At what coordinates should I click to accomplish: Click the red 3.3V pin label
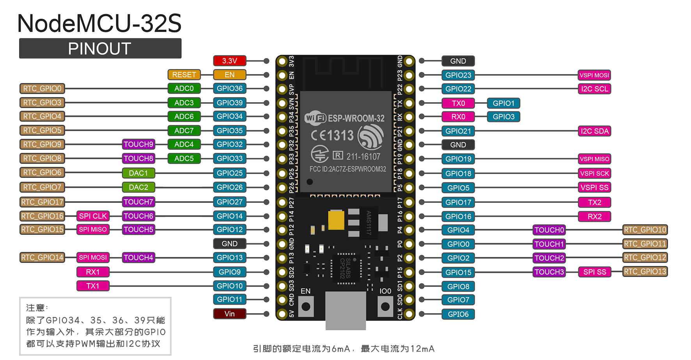(x=230, y=61)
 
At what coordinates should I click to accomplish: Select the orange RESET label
(x=184, y=74)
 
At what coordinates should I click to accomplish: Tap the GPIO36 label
(x=230, y=89)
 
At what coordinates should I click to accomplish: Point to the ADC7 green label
(x=184, y=131)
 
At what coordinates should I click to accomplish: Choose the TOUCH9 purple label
(x=138, y=144)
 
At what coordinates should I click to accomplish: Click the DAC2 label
(x=138, y=187)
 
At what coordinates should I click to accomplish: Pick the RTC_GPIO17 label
(x=42, y=202)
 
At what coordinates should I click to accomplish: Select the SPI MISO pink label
(x=93, y=229)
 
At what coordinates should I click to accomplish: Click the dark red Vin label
(x=230, y=314)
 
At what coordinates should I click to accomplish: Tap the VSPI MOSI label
(x=594, y=75)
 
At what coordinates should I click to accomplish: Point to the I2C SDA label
(x=594, y=131)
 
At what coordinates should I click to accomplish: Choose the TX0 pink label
(x=458, y=103)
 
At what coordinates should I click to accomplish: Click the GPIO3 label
(x=503, y=117)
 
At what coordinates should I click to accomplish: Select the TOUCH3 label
(x=549, y=272)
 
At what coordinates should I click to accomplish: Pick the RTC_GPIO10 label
(x=645, y=230)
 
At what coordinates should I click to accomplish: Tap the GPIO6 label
(x=458, y=314)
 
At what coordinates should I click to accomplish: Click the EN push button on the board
(x=306, y=307)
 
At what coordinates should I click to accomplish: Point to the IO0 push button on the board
(x=385, y=307)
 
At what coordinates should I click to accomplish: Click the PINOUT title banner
(x=100, y=49)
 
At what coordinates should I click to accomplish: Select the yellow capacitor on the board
(x=336, y=220)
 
